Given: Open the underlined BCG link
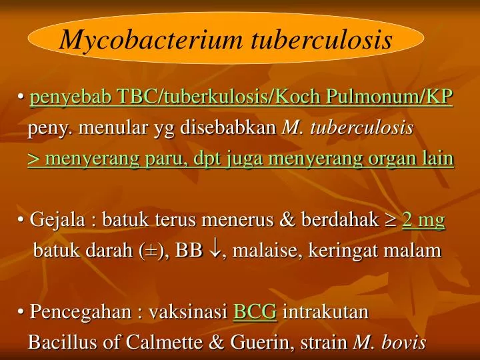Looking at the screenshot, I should point(255,312).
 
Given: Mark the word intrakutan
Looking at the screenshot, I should point(326,312).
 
